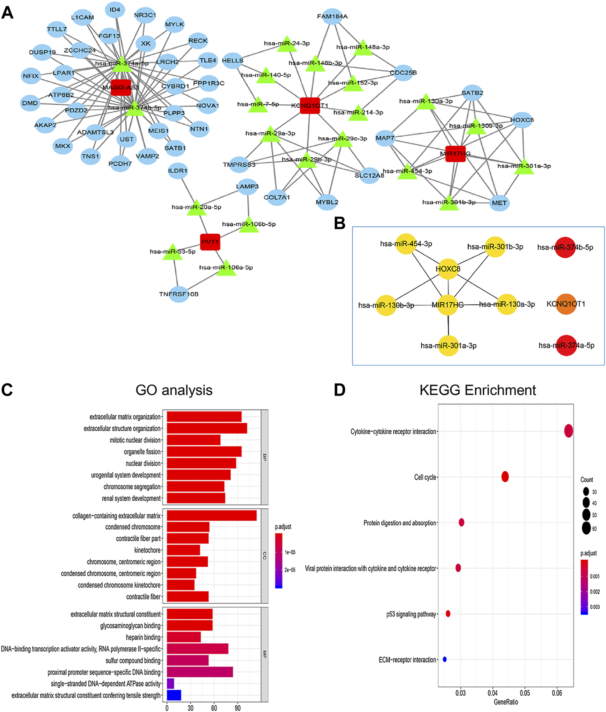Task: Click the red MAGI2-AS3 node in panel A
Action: (121, 87)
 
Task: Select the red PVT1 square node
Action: (210, 242)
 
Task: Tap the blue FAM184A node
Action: (332, 16)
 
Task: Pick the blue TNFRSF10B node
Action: (179, 294)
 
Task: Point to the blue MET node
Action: (499, 203)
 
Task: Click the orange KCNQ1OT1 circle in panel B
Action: (566, 304)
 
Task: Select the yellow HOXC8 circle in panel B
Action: (448, 269)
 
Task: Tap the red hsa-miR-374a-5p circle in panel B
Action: (566, 345)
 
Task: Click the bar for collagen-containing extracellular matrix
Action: (211, 516)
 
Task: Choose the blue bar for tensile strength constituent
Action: (174, 695)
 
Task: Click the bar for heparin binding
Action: (183, 637)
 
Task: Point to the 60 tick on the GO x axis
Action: (214, 707)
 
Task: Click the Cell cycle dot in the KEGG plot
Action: (505, 477)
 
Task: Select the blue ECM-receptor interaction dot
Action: (445, 659)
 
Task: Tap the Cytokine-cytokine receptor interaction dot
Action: (568, 431)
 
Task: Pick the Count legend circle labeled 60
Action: (586, 528)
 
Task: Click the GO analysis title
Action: (174, 390)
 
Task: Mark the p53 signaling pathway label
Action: (411, 614)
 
